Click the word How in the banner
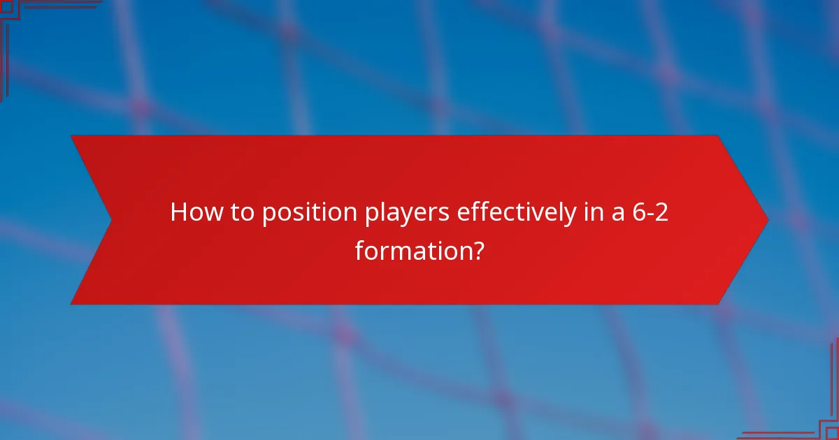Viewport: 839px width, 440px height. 194,213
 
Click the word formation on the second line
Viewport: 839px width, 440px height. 410,249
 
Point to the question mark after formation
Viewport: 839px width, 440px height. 476,249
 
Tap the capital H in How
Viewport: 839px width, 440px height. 178,213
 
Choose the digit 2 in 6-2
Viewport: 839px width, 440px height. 661,213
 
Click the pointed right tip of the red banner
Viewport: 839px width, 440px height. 766,220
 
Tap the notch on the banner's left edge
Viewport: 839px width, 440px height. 110,221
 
